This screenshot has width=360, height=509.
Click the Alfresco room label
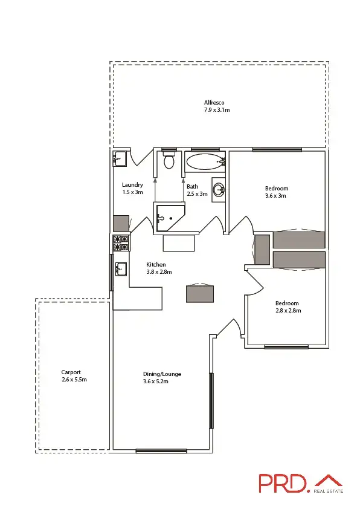[214, 103]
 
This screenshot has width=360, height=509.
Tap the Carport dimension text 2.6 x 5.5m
[74, 380]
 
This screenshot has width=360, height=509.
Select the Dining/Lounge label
[162, 374]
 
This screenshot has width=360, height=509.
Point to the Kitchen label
[156, 265]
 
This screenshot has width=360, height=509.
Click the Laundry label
[132, 185]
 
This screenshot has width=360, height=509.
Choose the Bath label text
[192, 187]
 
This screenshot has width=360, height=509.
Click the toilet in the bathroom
[169, 161]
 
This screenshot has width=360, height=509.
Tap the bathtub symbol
[204, 161]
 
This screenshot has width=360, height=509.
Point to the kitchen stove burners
[121, 243]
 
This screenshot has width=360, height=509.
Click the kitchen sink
[120, 268]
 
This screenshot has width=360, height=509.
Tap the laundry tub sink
[120, 158]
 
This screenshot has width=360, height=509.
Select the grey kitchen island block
[199, 293]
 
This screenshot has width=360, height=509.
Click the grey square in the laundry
[121, 223]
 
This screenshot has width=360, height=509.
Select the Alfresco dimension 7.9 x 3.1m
[217, 110]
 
